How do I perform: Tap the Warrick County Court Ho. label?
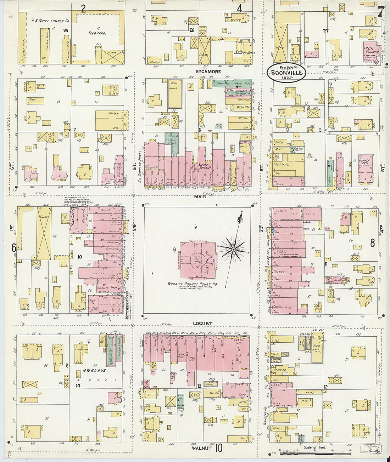pyautogui.click(x=193, y=284)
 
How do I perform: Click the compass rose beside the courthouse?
pyautogui.click(x=233, y=250)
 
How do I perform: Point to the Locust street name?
pyautogui.click(x=203, y=324)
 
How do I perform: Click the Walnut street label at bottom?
pyautogui.click(x=201, y=448)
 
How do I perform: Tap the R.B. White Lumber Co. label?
pyautogui.click(x=51, y=21)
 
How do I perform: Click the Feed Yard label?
pyautogui.click(x=97, y=33)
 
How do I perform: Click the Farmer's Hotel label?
pyautogui.click(x=242, y=53)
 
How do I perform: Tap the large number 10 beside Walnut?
pyautogui.click(x=219, y=448)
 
